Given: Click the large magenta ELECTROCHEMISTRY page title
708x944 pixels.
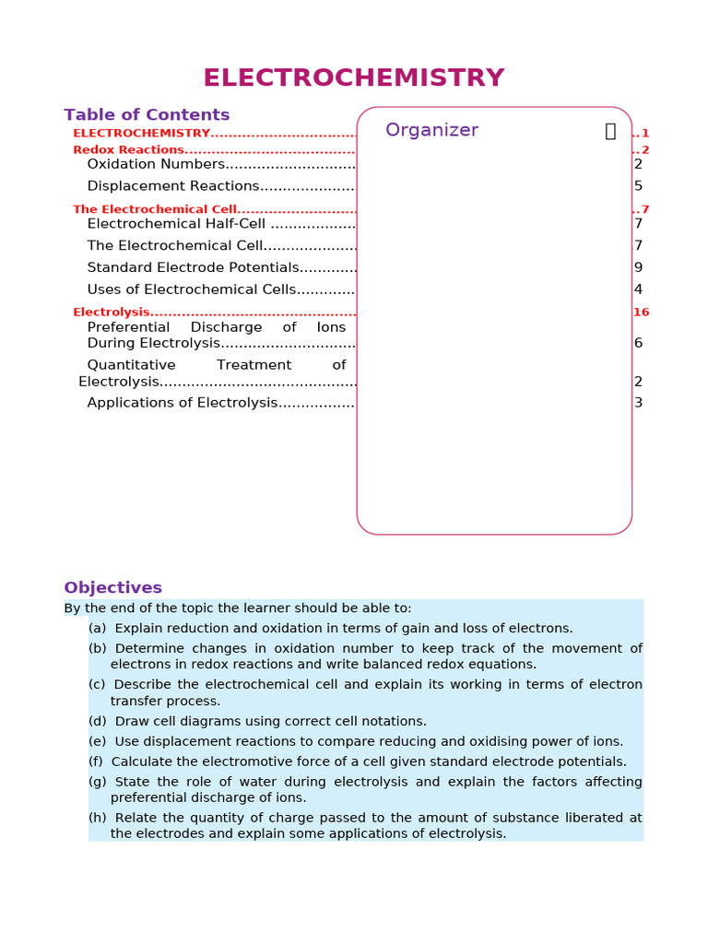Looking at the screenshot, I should click(354, 77).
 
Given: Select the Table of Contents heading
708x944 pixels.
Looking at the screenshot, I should click(147, 115).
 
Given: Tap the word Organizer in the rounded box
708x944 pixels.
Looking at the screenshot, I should click(431, 130).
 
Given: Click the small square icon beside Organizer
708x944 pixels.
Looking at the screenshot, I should click(610, 131).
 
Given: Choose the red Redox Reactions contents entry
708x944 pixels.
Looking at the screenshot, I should click(128, 150).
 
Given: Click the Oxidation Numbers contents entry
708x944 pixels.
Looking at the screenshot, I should click(156, 164).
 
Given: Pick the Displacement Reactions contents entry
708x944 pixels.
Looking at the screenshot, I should click(173, 186).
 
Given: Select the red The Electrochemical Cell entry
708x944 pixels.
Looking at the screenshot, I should click(155, 209).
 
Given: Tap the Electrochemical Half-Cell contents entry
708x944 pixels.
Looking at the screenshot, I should click(176, 224).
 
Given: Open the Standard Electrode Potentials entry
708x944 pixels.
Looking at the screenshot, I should click(194, 267).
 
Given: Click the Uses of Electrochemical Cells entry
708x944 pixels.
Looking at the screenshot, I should click(192, 289).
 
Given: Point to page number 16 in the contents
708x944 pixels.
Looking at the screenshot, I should click(641, 313).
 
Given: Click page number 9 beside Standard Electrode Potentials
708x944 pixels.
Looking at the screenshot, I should click(638, 267).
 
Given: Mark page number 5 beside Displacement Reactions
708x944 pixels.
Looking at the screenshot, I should click(638, 186).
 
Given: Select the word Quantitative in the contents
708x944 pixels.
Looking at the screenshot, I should click(131, 365).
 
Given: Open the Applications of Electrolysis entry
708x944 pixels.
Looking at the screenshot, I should click(183, 403).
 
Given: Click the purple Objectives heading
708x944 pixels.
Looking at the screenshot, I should click(112, 588).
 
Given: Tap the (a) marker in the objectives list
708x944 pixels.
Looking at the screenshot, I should click(97, 629).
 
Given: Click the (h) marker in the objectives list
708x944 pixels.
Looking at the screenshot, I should click(97, 818).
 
